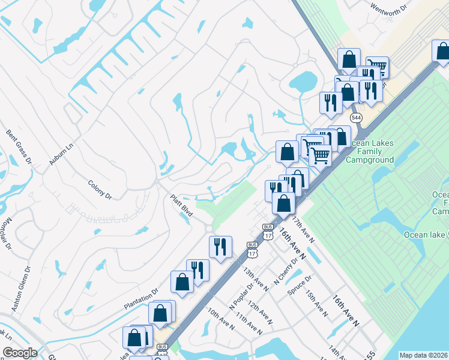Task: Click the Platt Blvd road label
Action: point(182,205)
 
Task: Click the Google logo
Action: point(20,353)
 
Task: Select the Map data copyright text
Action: point(423,355)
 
